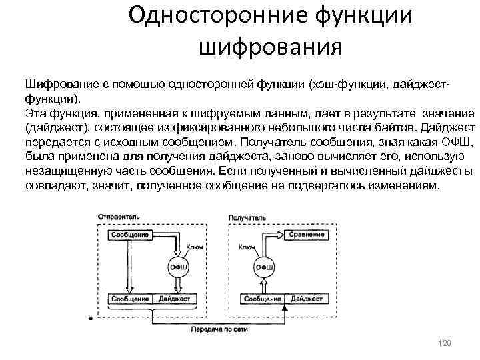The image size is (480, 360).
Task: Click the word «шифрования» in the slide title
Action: [x=270, y=46]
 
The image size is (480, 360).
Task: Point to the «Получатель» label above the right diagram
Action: [x=247, y=217]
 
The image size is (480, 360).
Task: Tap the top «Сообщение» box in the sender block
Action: [x=131, y=235]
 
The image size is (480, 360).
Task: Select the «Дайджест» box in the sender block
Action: [x=174, y=299]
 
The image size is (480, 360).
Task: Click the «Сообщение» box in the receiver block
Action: [x=263, y=299]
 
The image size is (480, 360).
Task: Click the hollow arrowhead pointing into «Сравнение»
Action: [x=279, y=235]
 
